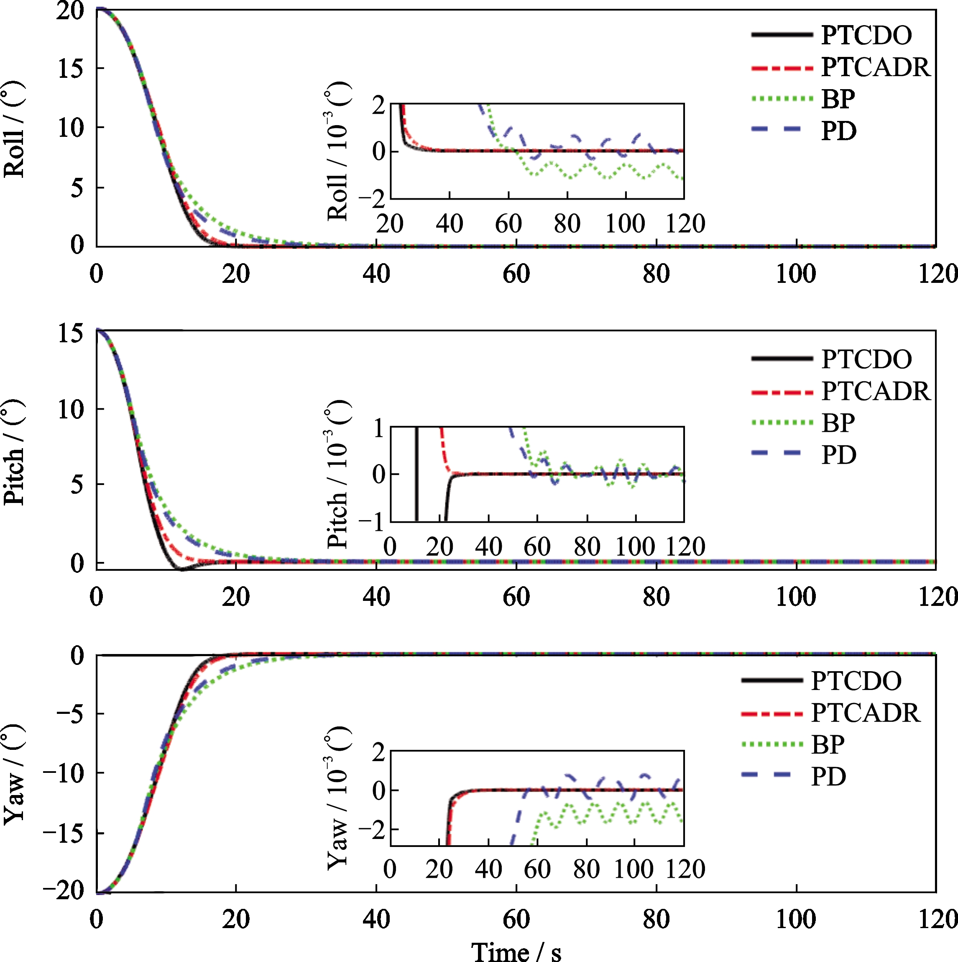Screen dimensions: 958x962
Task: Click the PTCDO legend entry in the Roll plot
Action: [831, 35]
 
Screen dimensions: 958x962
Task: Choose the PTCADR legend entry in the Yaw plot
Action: [830, 713]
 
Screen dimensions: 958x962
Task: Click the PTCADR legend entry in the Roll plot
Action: [840, 67]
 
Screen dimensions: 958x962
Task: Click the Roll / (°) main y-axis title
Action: [14, 129]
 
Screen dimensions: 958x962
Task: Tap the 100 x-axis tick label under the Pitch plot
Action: [796, 597]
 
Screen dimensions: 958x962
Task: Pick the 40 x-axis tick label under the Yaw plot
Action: [376, 919]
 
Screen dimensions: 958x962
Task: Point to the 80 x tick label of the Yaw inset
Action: [586, 870]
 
